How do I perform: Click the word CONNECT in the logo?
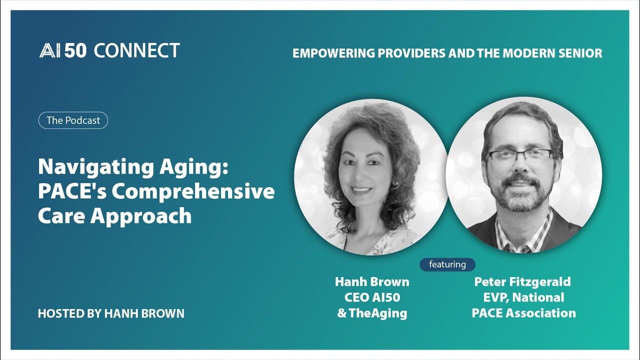(x=136, y=50)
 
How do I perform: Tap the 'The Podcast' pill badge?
(x=73, y=120)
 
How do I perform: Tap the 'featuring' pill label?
(x=447, y=264)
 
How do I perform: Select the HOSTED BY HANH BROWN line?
(x=111, y=313)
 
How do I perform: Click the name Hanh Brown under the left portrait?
(x=372, y=282)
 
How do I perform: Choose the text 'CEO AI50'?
(x=372, y=297)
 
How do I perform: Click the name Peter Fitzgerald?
(x=522, y=282)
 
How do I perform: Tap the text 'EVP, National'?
(x=523, y=297)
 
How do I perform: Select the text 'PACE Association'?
(x=523, y=313)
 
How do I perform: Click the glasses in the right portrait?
(x=520, y=155)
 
